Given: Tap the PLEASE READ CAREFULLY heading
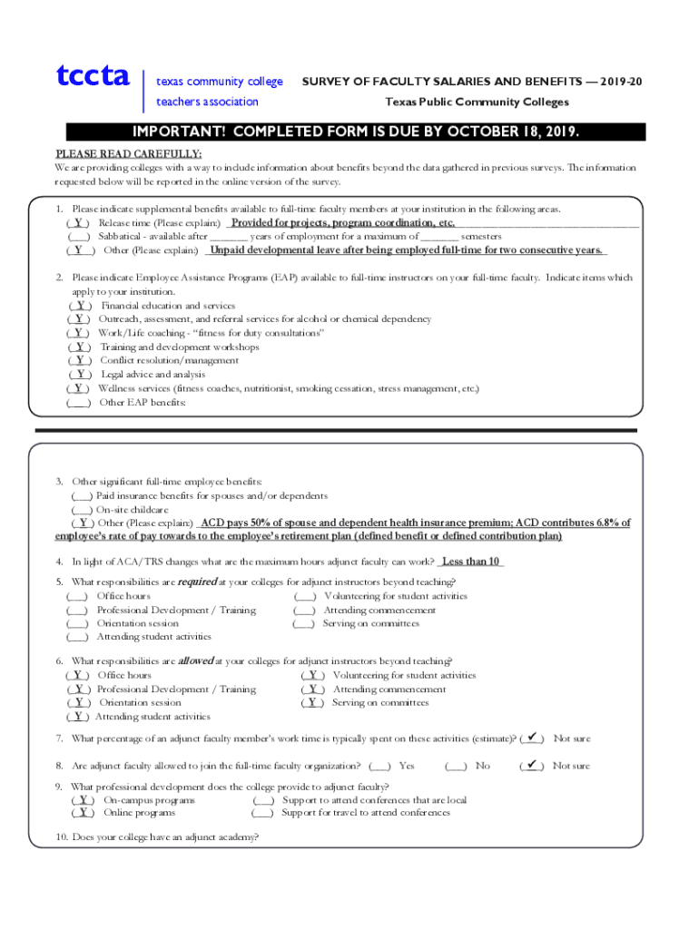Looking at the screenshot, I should pyautogui.click(x=129, y=153).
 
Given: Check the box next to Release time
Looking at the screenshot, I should pyautogui.click(x=79, y=223).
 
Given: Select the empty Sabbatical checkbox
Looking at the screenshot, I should pyautogui.click(x=78, y=236).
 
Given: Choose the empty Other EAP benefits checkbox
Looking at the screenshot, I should pyautogui.click(x=78, y=401).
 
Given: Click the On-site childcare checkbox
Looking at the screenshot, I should pyautogui.click(x=82, y=510).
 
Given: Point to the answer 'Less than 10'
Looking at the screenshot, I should pyautogui.click(x=471, y=561).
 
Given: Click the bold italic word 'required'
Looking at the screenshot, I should pyautogui.click(x=196, y=582).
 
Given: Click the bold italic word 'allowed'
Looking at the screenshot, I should pyautogui.click(x=195, y=660).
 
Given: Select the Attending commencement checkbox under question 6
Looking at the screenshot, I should pyautogui.click(x=312, y=689).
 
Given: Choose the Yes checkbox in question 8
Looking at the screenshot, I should pyautogui.click(x=380, y=766).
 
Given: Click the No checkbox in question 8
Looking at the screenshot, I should pyautogui.click(x=456, y=766).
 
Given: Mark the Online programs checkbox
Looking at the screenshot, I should pyautogui.click(x=83, y=813).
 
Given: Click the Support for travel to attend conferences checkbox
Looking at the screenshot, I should pyautogui.click(x=262, y=813).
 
